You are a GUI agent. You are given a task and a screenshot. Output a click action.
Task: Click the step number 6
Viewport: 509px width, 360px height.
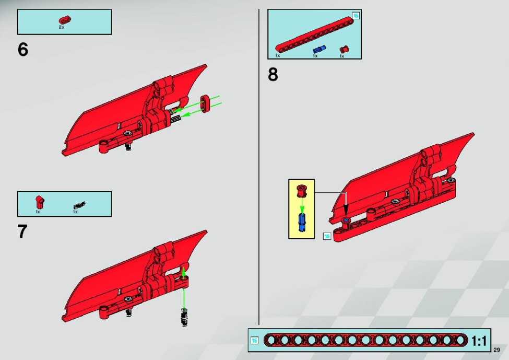(x=23, y=50)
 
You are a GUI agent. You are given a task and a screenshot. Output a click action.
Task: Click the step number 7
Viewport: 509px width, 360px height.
(x=22, y=231)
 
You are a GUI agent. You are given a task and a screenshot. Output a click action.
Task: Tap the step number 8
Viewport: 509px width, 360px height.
(x=273, y=74)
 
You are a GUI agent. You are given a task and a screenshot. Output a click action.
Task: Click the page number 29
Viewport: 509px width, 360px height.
(x=496, y=350)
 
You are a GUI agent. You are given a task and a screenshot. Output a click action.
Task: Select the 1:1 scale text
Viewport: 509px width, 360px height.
(x=479, y=341)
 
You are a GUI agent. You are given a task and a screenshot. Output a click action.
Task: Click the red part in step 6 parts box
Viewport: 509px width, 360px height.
(x=65, y=20)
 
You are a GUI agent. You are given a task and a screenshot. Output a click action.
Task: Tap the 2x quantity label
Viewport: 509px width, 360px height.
(x=62, y=27)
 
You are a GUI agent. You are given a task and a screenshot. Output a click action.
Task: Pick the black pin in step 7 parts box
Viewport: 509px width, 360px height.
(x=79, y=205)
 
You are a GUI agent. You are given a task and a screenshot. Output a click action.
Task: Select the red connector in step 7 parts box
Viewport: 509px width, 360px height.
(x=40, y=202)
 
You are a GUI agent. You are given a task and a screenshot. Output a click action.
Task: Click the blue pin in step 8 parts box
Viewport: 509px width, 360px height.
(x=319, y=50)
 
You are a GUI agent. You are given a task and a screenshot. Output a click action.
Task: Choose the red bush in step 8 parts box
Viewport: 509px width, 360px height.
(x=344, y=50)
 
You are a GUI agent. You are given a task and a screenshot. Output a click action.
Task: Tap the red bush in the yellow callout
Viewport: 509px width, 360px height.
(x=302, y=191)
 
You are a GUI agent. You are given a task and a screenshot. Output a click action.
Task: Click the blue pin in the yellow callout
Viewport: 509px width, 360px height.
(x=302, y=222)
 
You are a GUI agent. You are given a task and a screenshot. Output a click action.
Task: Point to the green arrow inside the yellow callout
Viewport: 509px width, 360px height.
(x=302, y=205)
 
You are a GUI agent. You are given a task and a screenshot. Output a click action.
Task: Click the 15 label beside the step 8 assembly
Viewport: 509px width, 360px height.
(x=327, y=236)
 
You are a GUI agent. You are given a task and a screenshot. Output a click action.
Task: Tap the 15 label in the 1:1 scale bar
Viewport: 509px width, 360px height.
(x=255, y=341)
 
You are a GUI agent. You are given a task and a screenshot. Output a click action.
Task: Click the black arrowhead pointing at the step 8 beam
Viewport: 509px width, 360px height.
(x=346, y=208)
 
